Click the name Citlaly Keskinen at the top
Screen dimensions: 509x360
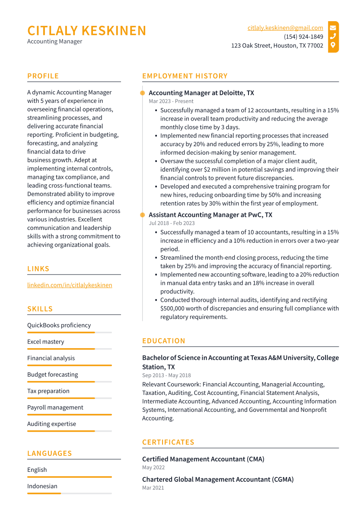coord(87,31)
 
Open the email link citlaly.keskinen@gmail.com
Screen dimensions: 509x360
coord(285,28)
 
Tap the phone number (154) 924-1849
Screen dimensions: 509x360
coord(303,37)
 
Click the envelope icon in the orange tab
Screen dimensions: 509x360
coord(333,28)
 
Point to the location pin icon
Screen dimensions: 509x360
coord(333,45)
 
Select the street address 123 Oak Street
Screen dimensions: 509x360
coord(277,45)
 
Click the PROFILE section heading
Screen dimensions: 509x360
coord(43,76)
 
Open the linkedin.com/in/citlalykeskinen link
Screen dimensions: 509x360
coord(70,285)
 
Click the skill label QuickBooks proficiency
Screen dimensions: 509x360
coord(59,325)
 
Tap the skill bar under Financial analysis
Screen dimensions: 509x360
coord(69,365)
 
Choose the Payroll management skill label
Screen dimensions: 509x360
coord(55,407)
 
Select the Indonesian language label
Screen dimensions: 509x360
coord(42,486)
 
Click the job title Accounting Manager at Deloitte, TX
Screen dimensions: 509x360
coord(201,93)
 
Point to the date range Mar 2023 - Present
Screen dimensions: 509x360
coord(171,101)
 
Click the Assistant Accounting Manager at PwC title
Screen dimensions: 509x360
coord(210,215)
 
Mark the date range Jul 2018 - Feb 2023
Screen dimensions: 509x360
coord(172,223)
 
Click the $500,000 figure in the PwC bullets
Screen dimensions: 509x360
coord(175,309)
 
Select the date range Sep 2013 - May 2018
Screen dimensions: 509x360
coord(166,375)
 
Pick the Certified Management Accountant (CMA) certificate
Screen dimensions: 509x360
coord(203,459)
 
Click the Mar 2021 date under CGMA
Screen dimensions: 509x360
coord(153,488)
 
